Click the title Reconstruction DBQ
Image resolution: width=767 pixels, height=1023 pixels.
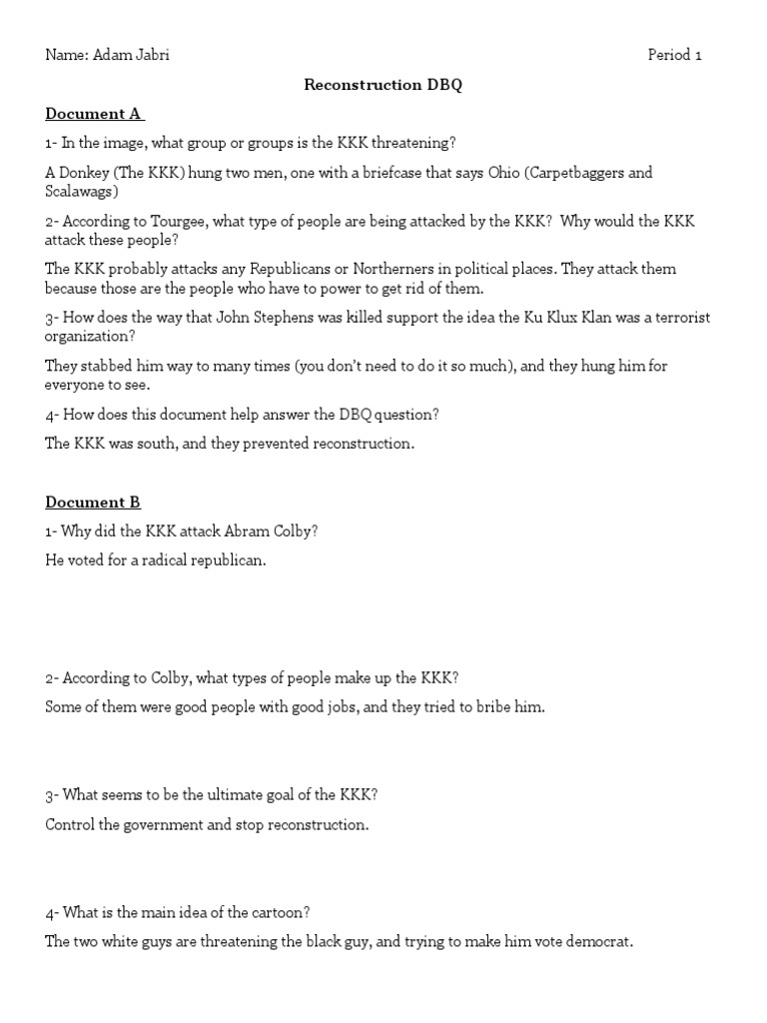click(x=383, y=85)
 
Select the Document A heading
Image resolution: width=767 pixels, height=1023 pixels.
click(x=94, y=114)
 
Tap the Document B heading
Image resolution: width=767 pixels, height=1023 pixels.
click(x=93, y=502)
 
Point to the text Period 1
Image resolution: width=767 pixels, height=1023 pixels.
click(x=674, y=55)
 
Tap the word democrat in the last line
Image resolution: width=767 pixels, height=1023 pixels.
click(x=600, y=941)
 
